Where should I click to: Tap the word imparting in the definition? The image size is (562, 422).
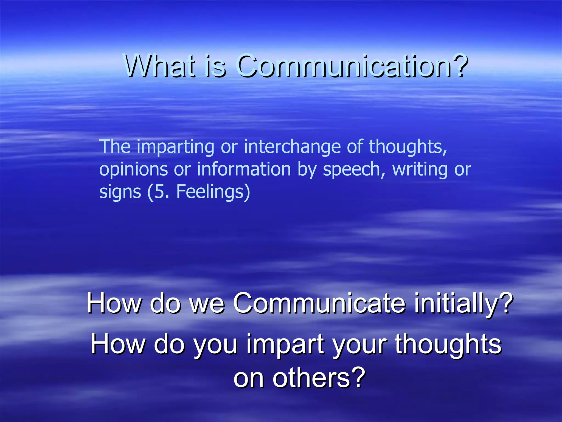point(175,147)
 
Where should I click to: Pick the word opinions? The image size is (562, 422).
point(133,170)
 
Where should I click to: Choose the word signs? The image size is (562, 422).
point(120,192)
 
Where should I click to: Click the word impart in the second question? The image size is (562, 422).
point(285,345)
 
